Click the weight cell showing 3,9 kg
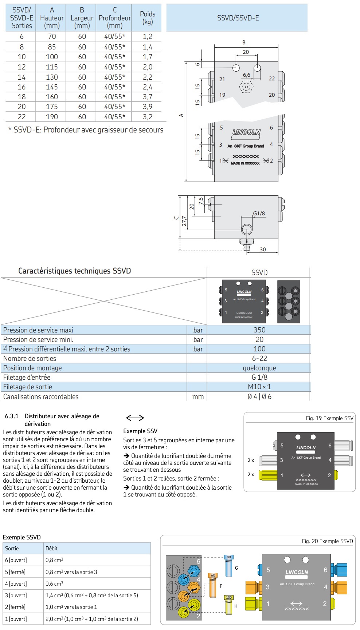[x=147, y=107]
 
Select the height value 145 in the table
[x=52, y=87]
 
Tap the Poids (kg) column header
[x=147, y=18]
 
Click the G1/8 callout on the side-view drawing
[x=259, y=214]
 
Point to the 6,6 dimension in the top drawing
[x=247, y=75]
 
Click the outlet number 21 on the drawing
[x=222, y=79]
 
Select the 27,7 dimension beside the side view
[x=184, y=221]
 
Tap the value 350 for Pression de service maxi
[x=259, y=330]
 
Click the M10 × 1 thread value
[x=259, y=387]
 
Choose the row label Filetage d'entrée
[x=27, y=377]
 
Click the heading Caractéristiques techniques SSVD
[x=74, y=271]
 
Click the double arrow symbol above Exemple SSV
[x=135, y=418]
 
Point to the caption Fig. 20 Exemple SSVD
[x=327, y=541]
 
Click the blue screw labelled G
[x=229, y=567]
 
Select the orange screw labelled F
[x=213, y=586]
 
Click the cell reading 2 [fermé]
[x=16, y=607]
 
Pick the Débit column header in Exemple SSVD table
[x=51, y=548]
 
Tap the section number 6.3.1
[x=12, y=416]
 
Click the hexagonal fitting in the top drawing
[x=246, y=87]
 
